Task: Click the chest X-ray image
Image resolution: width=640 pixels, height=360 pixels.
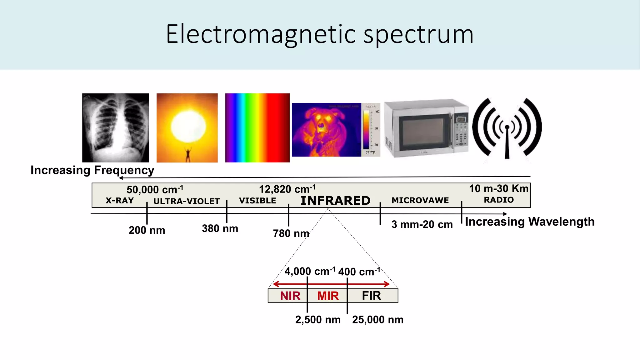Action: point(115,127)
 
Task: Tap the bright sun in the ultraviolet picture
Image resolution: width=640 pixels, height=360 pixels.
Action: point(188,126)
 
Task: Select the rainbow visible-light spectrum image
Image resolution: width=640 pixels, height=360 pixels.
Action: point(257,127)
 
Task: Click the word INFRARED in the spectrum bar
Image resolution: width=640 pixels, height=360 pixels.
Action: point(335,201)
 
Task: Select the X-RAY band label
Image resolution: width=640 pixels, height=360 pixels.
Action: point(120,201)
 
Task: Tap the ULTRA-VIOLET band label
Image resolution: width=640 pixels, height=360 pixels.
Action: point(187,201)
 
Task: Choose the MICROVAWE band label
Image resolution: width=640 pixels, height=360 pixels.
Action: point(420,200)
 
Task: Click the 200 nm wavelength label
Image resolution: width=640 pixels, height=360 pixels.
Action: point(147,230)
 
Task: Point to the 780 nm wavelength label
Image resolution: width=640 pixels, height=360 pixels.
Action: point(291,233)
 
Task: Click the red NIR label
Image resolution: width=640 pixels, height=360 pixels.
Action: point(290,296)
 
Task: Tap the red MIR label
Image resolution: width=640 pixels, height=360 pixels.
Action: point(328,296)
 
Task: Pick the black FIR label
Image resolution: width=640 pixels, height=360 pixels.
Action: point(371,296)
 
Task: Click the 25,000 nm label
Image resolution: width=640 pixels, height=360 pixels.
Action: point(377,320)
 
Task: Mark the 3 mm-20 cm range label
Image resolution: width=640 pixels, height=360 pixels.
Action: point(422,224)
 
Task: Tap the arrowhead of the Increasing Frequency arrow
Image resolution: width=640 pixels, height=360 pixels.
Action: point(121,178)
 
